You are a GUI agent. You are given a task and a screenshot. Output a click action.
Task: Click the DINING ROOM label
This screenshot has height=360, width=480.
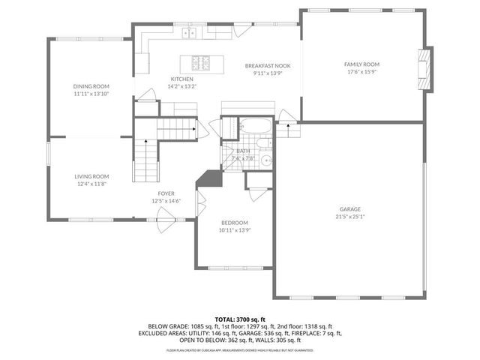point(91,86)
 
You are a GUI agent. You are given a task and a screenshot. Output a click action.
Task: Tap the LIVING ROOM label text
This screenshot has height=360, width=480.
point(91,176)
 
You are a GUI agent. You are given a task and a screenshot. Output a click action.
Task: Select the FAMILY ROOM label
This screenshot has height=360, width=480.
point(362,65)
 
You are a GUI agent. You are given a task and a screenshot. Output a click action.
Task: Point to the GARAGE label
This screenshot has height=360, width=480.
point(350,209)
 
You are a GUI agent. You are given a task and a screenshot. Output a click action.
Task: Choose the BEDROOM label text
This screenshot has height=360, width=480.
point(234,223)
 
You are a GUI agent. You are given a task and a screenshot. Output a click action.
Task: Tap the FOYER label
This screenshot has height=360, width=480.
point(166,193)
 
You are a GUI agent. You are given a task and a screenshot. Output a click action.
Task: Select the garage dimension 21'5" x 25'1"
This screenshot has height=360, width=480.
point(350,217)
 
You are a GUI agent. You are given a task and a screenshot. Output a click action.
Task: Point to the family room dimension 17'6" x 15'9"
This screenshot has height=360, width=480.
point(362,73)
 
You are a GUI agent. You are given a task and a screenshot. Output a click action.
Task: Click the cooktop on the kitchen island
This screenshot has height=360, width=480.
point(202,62)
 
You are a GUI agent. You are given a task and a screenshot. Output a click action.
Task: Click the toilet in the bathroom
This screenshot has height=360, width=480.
point(262,143)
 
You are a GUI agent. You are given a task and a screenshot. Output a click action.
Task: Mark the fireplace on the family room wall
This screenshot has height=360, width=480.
point(426,69)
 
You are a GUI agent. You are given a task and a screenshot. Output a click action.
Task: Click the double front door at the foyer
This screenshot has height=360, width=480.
point(166,219)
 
